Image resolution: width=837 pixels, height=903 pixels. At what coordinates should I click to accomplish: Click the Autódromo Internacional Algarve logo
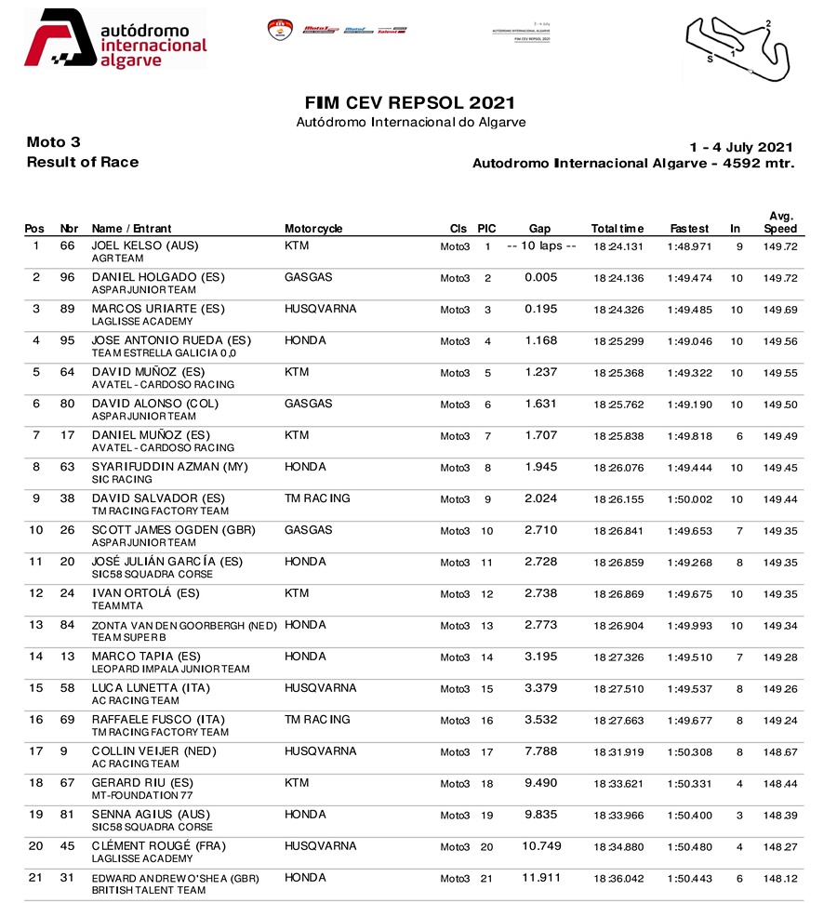coord(114,39)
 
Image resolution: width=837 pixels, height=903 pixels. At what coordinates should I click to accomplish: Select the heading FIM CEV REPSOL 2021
coord(409,103)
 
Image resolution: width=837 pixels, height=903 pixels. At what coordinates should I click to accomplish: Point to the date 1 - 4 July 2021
coord(740,147)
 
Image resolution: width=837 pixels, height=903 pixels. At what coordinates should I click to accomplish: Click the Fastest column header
coord(689,229)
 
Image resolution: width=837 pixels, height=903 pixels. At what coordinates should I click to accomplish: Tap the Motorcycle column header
coord(313,229)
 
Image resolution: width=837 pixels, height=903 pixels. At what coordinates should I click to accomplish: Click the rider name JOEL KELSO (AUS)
coord(144,246)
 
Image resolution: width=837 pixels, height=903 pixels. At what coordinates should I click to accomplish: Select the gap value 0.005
coord(540,278)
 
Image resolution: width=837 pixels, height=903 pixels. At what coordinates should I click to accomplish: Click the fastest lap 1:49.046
coord(689,341)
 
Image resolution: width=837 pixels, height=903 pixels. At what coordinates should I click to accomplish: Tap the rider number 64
coord(67,373)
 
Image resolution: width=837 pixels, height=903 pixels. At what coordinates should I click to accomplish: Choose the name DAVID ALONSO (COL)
coord(150,405)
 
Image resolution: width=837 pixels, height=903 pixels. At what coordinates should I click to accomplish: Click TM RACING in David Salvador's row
coord(317,499)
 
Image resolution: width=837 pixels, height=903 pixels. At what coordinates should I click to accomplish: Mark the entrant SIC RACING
coord(122,480)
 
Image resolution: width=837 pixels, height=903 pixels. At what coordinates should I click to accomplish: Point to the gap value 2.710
coord(540,531)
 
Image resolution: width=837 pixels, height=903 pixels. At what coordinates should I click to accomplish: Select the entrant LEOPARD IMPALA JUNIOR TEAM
coord(170,670)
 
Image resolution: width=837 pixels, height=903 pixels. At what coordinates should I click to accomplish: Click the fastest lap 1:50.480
coord(689,847)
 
